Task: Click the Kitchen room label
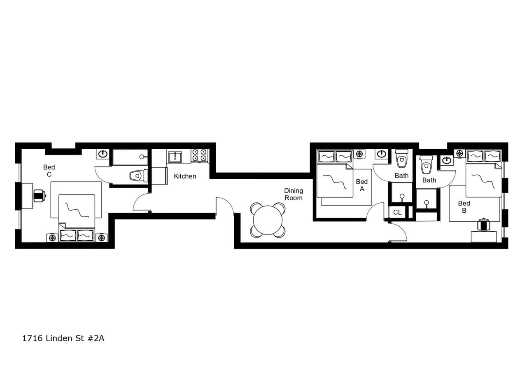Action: pyautogui.click(x=185, y=176)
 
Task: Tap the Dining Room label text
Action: pyautogui.click(x=293, y=194)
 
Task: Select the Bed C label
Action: pyautogui.click(x=49, y=171)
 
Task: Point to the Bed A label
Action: pyautogui.click(x=362, y=185)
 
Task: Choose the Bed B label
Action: pyautogui.click(x=464, y=206)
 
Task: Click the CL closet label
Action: pyautogui.click(x=397, y=213)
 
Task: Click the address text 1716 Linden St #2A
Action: pyautogui.click(x=63, y=338)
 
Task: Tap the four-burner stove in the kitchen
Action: pyautogui.click(x=200, y=155)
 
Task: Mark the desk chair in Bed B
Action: pyautogui.click(x=483, y=225)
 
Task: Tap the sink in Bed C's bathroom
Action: pyautogui.click(x=103, y=154)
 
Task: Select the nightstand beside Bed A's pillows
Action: pyautogui.click(x=359, y=154)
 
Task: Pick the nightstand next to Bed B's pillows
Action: pyautogui.click(x=460, y=153)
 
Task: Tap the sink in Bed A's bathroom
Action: pyautogui.click(x=381, y=154)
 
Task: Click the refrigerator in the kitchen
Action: pyautogui.click(x=159, y=175)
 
